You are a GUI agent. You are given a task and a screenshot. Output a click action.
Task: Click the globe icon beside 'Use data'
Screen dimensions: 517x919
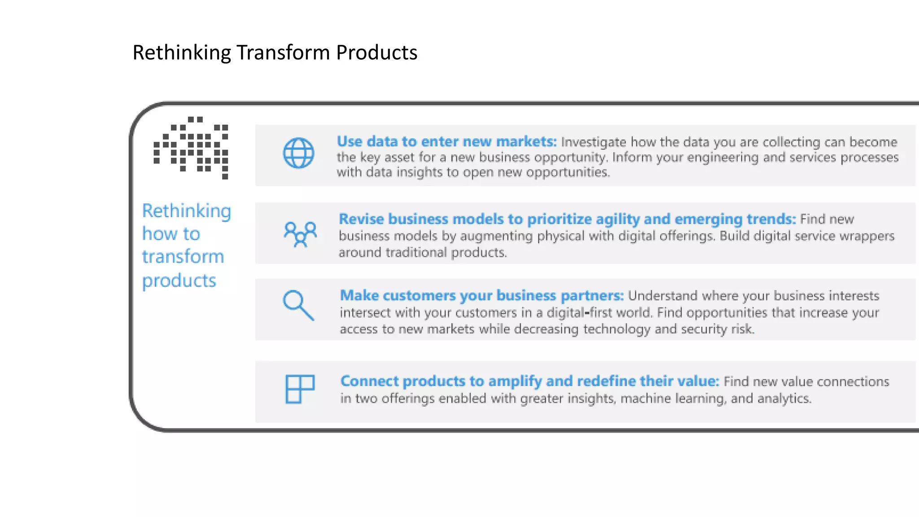[298, 153]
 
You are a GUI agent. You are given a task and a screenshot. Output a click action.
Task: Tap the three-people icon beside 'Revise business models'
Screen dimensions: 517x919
[300, 234]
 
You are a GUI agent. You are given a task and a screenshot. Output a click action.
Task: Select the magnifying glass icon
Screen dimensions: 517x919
[298, 305]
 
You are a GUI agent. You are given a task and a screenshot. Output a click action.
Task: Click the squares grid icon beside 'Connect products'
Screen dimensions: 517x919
[300, 389]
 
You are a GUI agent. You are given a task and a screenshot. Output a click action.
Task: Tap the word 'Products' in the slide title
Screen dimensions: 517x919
[376, 53]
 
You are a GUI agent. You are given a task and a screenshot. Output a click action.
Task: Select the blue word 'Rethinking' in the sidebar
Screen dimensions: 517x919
[187, 211]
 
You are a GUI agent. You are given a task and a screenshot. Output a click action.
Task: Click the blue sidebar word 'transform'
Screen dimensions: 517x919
[183, 257]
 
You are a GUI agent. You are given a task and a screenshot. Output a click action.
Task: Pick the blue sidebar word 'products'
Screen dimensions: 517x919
[179, 280]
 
